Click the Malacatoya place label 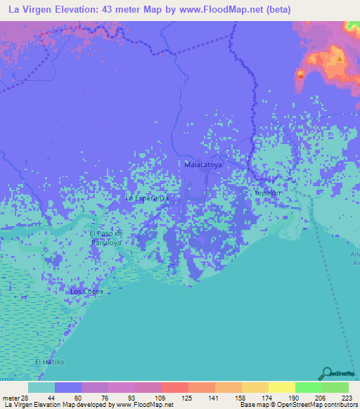click(203, 164)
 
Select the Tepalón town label click(266, 192)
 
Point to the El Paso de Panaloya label click(107, 238)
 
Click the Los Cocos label click(86, 291)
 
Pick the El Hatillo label click(49, 361)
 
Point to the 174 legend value click(255, 397)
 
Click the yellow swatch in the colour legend click(281, 387)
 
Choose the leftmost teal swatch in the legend click(41, 387)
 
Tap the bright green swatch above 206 click(308, 387)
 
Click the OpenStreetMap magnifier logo click(327, 373)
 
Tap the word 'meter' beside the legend click(11, 397)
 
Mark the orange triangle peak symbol click(340, 59)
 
